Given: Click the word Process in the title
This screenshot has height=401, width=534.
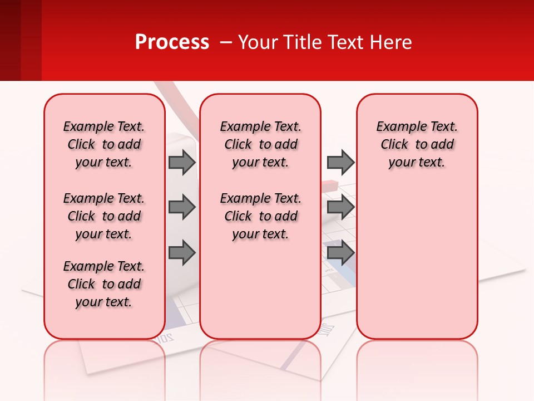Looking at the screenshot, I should [x=172, y=42].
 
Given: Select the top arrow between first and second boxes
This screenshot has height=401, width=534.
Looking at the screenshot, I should [x=182, y=162].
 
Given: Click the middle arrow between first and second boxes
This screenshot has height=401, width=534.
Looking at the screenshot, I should [x=182, y=208].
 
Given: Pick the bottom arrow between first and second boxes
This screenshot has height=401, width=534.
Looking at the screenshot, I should [x=182, y=253].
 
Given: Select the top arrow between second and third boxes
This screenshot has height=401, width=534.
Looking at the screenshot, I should [x=340, y=162].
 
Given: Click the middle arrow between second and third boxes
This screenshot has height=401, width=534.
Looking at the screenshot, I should [x=340, y=208].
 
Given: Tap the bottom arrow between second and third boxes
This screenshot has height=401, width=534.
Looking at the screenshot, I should [x=340, y=253].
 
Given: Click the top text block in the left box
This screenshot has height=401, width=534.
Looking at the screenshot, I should [x=104, y=144].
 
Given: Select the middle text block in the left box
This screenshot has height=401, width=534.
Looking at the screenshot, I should [x=104, y=216].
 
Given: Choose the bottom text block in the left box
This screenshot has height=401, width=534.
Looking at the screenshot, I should [x=104, y=284].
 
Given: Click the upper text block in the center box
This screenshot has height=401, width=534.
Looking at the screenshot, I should [x=260, y=144].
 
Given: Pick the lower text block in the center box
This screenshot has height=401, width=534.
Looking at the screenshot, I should [x=260, y=216].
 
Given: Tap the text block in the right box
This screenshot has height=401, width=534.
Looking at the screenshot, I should [x=417, y=144].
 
